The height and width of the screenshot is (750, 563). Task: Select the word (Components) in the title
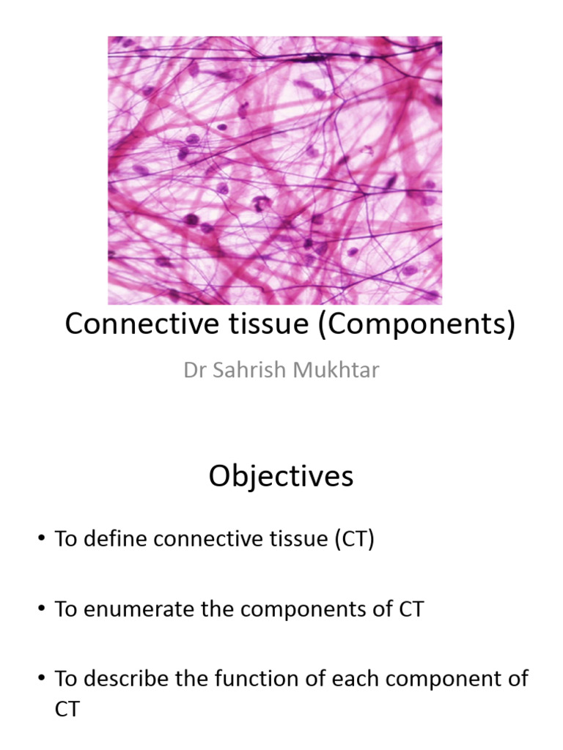click(416, 324)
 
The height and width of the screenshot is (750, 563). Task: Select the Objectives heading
click(281, 477)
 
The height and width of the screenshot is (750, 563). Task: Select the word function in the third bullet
click(241, 679)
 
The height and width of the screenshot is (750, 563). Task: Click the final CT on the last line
click(67, 709)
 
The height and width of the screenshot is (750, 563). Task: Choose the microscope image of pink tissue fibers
click(275, 170)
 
